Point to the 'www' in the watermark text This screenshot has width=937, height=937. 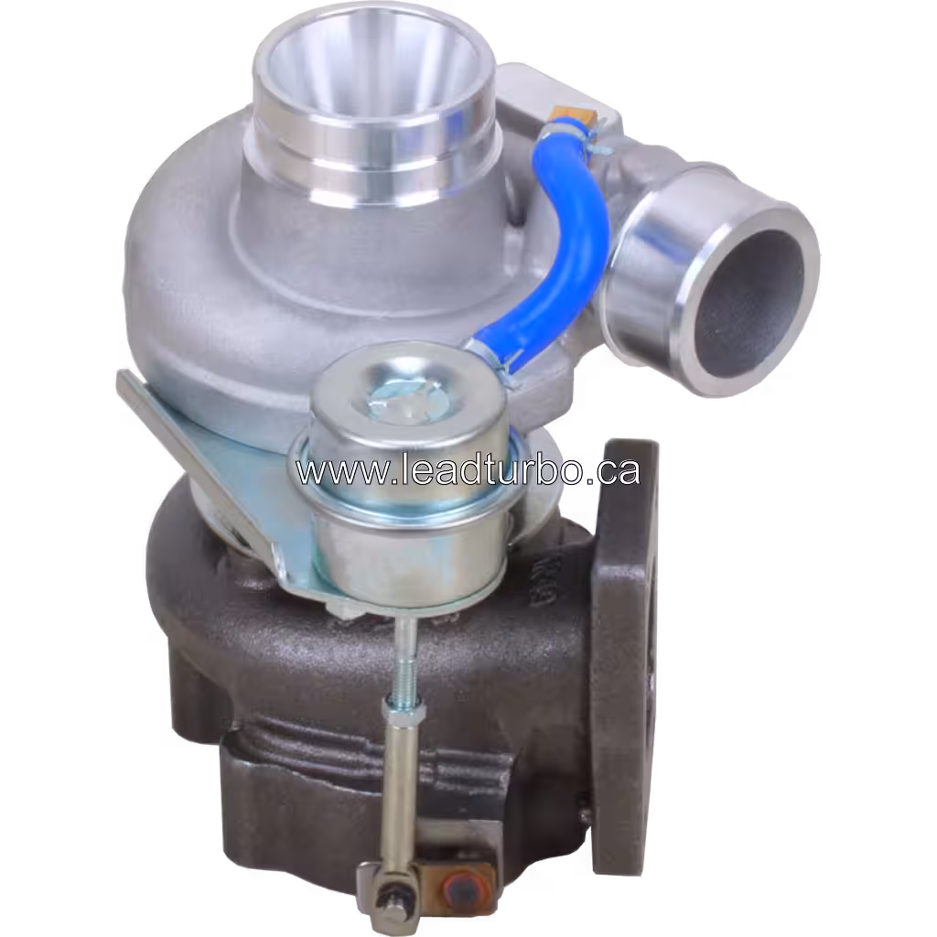pos(329,472)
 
